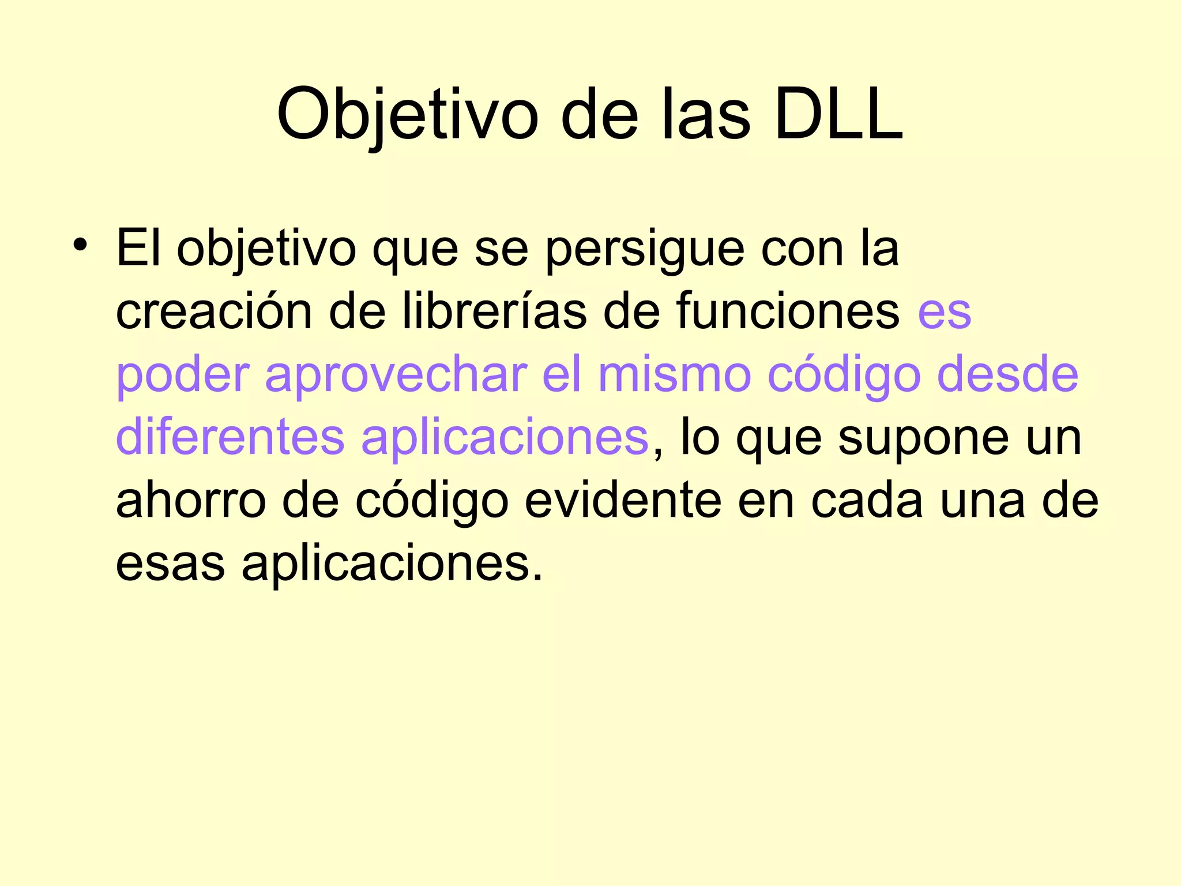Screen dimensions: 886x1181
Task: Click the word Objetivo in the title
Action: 407,115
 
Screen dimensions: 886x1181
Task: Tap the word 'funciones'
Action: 788,311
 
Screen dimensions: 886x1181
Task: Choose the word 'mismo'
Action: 675,375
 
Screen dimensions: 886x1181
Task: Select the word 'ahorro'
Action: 191,501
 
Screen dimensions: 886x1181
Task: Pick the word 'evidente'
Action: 623,501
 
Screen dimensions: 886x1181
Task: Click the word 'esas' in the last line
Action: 170,565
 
